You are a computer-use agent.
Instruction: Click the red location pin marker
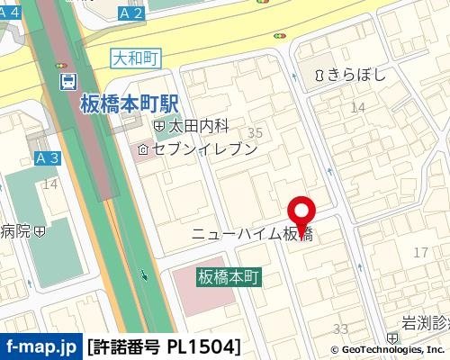[301, 211]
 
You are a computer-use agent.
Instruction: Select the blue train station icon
[68, 82]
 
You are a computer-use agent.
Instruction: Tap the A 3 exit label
[47, 157]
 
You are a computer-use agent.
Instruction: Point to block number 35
[255, 133]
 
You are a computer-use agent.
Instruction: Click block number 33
[341, 328]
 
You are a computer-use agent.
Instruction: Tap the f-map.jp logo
[41, 346]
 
